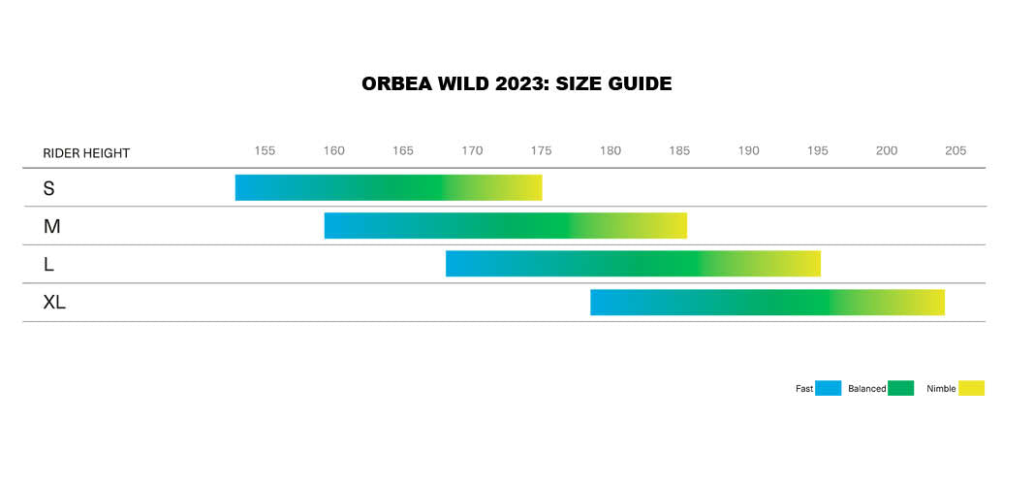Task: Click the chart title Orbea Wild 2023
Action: pyautogui.click(x=517, y=84)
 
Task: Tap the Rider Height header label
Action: pyautogui.click(x=86, y=153)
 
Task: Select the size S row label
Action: pyautogui.click(x=49, y=188)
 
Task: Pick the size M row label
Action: pyautogui.click(x=51, y=226)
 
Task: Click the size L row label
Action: pyautogui.click(x=49, y=264)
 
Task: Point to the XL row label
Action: pyautogui.click(x=54, y=303)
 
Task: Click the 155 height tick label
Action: pyautogui.click(x=265, y=150)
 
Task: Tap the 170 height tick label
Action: pyautogui.click(x=472, y=150)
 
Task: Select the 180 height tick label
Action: pyautogui.click(x=611, y=150)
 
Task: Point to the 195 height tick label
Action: pyautogui.click(x=818, y=150)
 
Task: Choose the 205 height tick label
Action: pyautogui.click(x=956, y=150)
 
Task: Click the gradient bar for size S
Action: pyautogui.click(x=389, y=188)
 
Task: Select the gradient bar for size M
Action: pyautogui.click(x=506, y=226)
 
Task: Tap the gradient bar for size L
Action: pyautogui.click(x=633, y=264)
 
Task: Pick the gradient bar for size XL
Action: pyautogui.click(x=768, y=303)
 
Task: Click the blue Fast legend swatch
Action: pyautogui.click(x=828, y=388)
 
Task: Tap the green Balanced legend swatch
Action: pyautogui.click(x=900, y=388)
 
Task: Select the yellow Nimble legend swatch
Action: pyautogui.click(x=971, y=388)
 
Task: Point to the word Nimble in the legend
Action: pyautogui.click(x=941, y=389)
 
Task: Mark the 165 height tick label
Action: pyautogui.click(x=403, y=150)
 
